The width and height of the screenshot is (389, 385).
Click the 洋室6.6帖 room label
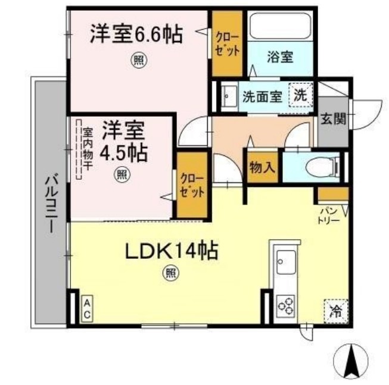click(x=136, y=34)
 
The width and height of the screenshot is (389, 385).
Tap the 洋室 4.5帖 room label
click(x=123, y=141)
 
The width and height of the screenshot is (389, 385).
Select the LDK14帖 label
click(x=172, y=251)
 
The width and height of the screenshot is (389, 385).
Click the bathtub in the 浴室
click(x=281, y=26)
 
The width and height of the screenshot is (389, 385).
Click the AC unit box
click(x=87, y=308)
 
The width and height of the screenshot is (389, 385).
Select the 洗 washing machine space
click(x=301, y=95)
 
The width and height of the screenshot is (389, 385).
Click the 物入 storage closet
click(x=263, y=167)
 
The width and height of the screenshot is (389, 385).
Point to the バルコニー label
click(x=52, y=202)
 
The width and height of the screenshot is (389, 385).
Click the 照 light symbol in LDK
click(x=171, y=273)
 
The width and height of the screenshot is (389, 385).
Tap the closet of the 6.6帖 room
click(x=227, y=43)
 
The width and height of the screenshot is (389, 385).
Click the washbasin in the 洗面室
click(x=229, y=96)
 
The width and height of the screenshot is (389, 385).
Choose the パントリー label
click(x=328, y=216)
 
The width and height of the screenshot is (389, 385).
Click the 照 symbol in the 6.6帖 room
click(x=139, y=60)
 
